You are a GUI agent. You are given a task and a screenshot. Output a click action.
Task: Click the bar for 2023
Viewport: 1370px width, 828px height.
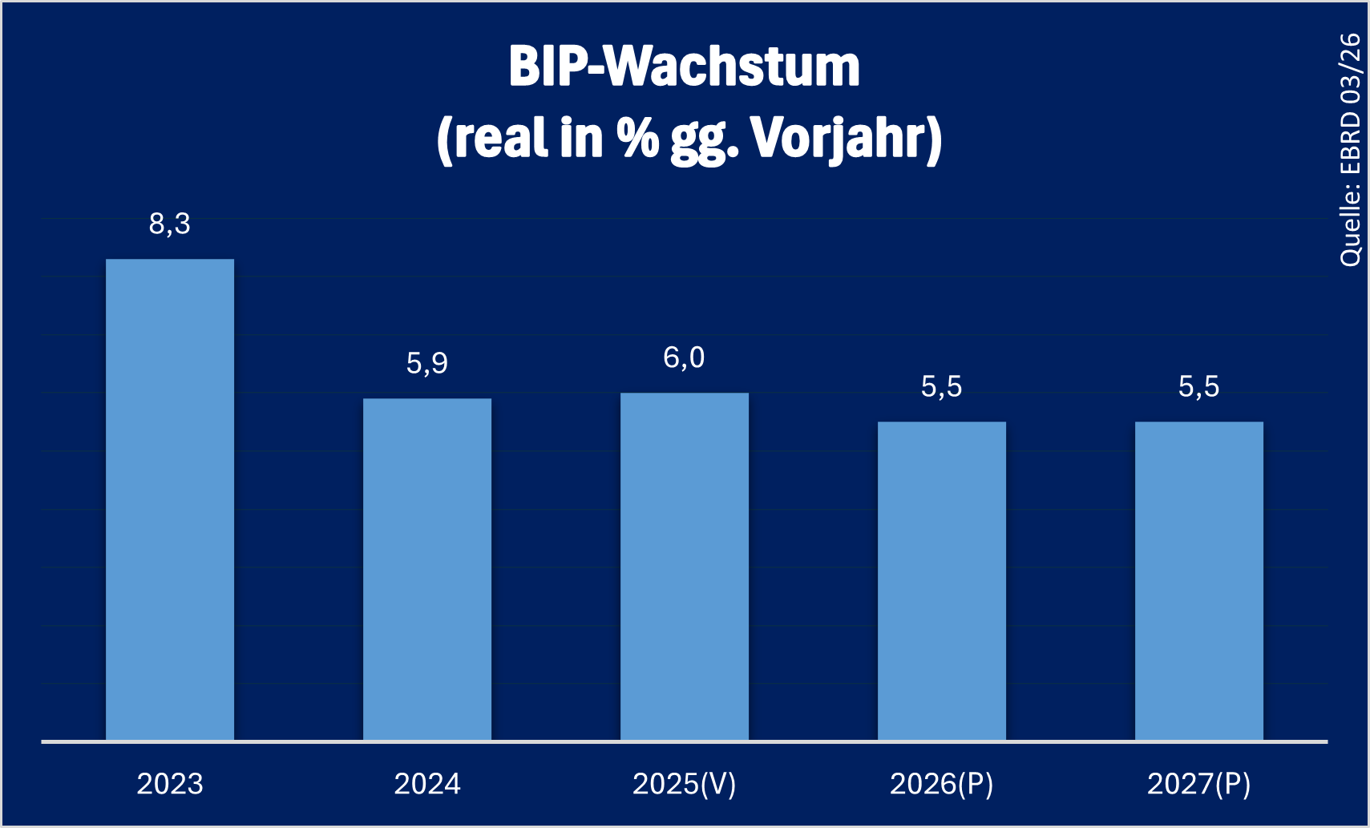pos(170,499)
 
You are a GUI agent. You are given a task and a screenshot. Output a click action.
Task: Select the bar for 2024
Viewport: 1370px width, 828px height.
pos(427,569)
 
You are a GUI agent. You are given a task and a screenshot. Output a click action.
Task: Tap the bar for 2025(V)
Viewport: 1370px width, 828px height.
pos(685,566)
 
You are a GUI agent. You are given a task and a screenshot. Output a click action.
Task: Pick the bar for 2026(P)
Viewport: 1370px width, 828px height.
pos(942,580)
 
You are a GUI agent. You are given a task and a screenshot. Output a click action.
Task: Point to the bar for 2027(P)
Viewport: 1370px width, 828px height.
pos(1199,580)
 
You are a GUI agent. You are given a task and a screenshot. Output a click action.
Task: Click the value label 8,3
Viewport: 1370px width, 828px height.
pos(170,224)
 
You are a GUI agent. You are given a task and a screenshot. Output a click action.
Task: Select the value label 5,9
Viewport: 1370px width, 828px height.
pos(427,364)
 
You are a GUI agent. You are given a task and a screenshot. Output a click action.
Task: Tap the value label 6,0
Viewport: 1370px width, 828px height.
pos(685,358)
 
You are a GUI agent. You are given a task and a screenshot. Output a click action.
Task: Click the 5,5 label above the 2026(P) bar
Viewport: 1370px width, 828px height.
pos(942,387)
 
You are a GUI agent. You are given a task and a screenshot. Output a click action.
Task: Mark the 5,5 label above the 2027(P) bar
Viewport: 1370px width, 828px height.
pos(1199,387)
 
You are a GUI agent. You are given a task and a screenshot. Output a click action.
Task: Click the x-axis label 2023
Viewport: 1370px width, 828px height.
pos(170,784)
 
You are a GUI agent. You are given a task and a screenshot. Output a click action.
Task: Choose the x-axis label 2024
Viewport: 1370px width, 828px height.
pos(427,784)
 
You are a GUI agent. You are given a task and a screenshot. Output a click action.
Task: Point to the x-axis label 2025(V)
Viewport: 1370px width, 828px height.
pos(685,784)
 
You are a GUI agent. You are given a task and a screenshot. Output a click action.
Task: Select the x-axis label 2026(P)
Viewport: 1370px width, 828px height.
pos(942,784)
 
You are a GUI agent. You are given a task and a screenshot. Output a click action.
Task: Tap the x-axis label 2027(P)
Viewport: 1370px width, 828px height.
pos(1199,784)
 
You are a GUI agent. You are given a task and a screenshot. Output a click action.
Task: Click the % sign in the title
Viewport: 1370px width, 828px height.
pos(637,137)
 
